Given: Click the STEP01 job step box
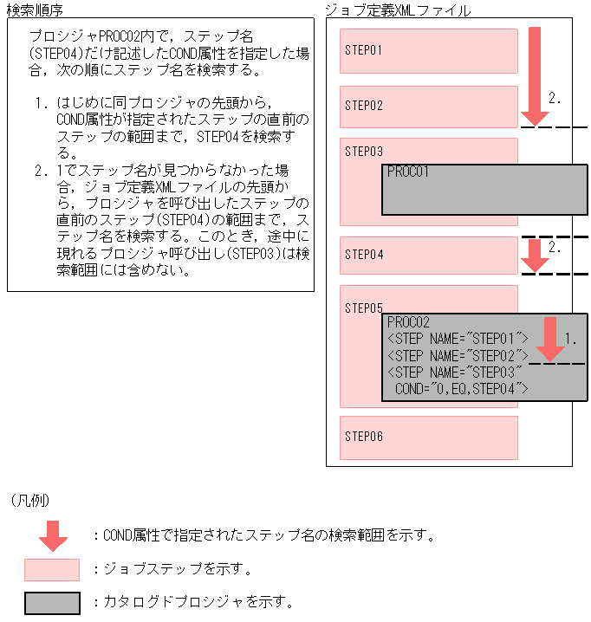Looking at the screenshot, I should click(429, 51).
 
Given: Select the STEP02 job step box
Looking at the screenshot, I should click(429, 107).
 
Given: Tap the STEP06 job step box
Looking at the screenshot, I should click(429, 437).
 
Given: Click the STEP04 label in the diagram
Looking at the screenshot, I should click(364, 256).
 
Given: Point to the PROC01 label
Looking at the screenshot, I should click(408, 172).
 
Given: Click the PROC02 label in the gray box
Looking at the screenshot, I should click(408, 322).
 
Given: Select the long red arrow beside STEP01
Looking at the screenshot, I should click(536, 76).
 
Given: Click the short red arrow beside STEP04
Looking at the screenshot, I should click(536, 256).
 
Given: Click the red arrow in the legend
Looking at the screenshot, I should click(53, 536).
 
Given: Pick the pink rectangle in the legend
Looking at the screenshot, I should click(52, 569).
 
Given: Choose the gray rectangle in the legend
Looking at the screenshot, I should click(52, 602).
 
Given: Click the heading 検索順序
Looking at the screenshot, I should click(35, 10).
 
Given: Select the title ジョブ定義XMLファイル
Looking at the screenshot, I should click(398, 10).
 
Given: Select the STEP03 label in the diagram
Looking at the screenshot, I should click(364, 152).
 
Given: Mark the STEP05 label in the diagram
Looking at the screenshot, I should click(364, 308).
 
